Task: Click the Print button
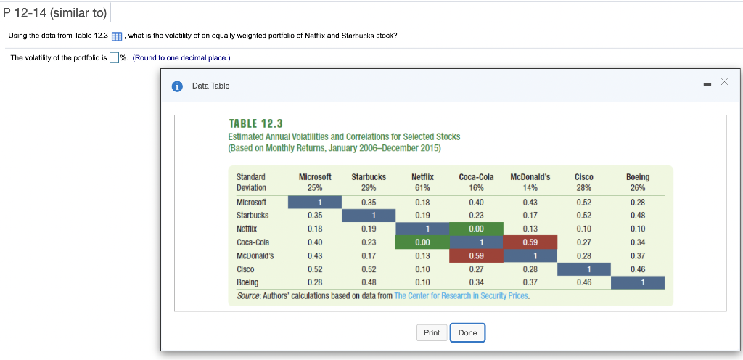pos(432,332)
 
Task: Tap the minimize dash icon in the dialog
pos(707,85)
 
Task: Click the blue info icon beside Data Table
pos(177,86)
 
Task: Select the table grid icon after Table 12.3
pos(117,36)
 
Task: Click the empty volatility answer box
pos(114,59)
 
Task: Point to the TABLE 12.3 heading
pos(255,123)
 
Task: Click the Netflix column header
pos(422,176)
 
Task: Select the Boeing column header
pos(638,176)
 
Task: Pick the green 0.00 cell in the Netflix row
pos(476,229)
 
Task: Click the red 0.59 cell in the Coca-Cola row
pos(530,242)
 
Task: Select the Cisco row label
pos(246,269)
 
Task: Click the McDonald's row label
pos(253,255)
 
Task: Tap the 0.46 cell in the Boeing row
pos(583,282)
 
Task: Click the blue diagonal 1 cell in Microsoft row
pos(314,202)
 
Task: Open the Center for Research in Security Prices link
pos(461,296)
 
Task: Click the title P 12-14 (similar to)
pos(54,12)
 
